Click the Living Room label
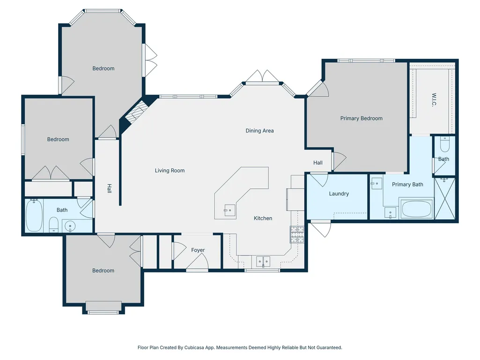click(170, 170)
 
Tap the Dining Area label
click(259, 131)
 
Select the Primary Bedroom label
click(361, 118)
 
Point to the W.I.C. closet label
click(434, 100)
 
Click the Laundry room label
click(339, 194)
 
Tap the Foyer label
click(198, 250)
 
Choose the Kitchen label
click(263, 218)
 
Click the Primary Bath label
click(407, 184)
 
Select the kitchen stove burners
click(297, 235)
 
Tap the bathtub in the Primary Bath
click(416, 209)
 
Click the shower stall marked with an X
click(445, 198)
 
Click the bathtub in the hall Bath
click(34, 215)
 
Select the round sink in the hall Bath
click(70, 227)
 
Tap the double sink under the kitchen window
click(263, 262)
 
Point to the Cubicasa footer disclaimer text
click(240, 347)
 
